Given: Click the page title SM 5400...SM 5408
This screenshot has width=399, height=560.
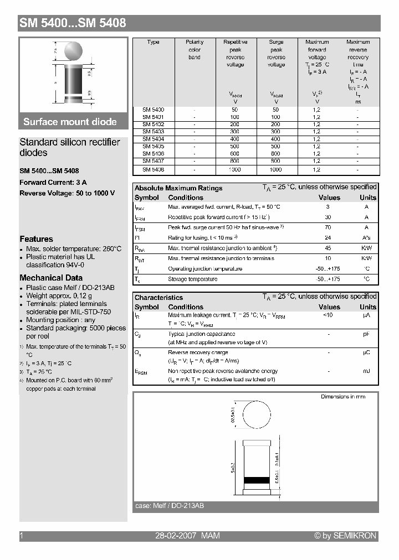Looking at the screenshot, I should coord(73,23).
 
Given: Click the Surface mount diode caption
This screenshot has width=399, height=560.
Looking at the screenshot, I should coord(70,122).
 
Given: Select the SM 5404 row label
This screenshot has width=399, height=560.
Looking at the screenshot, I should coord(153,139).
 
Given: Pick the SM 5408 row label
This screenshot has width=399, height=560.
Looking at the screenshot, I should coord(153,169).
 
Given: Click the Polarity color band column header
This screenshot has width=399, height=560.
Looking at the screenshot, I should coord(195,49).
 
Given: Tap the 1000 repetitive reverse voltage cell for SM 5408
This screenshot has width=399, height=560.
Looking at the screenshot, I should coord(235,169).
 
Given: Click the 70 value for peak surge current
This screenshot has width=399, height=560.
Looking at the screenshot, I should coord(328,227).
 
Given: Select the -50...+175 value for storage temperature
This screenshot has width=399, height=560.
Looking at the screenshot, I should coord(328,279).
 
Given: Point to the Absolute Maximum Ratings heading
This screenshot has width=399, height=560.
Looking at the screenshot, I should coord(178,188).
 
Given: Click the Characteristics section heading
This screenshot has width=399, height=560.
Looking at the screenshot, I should coord(158,298).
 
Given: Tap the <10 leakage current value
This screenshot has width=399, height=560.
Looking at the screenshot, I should coord(328,315).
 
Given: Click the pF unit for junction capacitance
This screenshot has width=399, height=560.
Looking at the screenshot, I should coord(366,334).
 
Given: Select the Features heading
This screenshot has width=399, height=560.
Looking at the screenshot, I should coord(36,239).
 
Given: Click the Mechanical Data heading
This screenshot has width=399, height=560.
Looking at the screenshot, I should coord(51,278).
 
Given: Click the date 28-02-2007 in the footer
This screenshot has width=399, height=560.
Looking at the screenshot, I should coord(175,536).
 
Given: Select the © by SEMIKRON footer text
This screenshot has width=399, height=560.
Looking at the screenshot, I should coord(345,536).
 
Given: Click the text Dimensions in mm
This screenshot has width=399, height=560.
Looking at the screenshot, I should coord(342,397).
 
